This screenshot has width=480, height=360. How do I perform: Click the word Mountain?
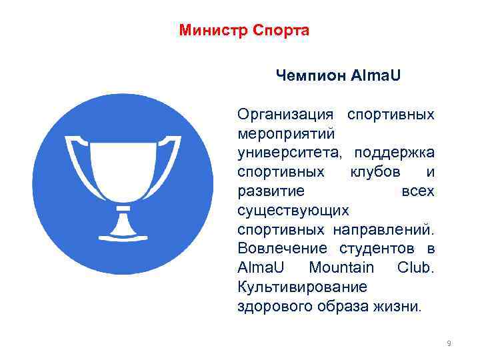(x=341, y=268)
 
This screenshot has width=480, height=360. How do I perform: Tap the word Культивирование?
(x=302, y=287)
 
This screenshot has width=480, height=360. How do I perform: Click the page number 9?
(x=449, y=343)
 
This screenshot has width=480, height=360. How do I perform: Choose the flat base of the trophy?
(x=123, y=236)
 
